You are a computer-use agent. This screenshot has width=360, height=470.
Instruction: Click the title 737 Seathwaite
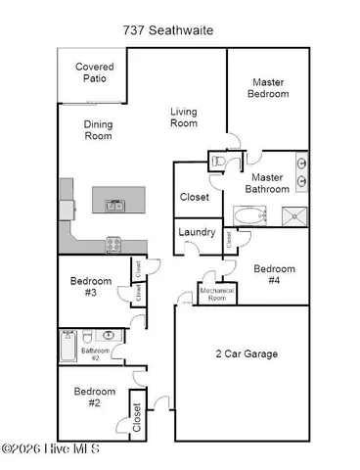(181, 30)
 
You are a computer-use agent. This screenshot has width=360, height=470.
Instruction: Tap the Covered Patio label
(95, 73)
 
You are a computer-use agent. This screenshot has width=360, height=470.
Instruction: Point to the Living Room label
(184, 117)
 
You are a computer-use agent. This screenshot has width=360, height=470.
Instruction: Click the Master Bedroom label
(270, 88)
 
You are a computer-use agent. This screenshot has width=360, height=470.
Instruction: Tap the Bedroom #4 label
(274, 274)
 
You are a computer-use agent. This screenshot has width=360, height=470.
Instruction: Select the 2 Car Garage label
(247, 353)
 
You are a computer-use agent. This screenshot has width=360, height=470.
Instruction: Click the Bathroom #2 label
(96, 353)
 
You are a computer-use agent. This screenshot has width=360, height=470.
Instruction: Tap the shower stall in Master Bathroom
(292, 215)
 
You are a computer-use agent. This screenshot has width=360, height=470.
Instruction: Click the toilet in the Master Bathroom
(219, 160)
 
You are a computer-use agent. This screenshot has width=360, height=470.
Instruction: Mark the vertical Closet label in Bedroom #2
(136, 417)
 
